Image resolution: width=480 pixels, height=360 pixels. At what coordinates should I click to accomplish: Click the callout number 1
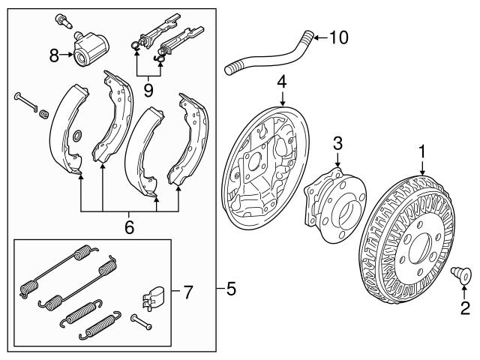pyautogui.click(x=423, y=152)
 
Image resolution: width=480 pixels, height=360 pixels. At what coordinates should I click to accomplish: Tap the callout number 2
pyautogui.click(x=465, y=307)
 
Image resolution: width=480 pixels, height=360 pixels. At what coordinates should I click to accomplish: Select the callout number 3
pyautogui.click(x=338, y=142)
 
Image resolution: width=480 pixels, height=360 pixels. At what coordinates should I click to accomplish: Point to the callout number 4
pyautogui.click(x=282, y=82)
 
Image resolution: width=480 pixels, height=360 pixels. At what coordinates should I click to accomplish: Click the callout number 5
pyautogui.click(x=231, y=288)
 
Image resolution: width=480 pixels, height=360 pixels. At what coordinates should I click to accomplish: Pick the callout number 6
pyautogui.click(x=129, y=226)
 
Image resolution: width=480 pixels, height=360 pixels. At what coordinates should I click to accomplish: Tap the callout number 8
pyautogui.click(x=54, y=54)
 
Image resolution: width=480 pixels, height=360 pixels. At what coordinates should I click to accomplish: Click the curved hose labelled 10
pyautogui.click(x=270, y=58)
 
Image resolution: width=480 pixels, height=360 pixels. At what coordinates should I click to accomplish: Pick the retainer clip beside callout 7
pyautogui.click(x=152, y=296)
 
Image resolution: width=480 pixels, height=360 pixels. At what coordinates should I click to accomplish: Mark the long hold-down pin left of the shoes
pyautogui.click(x=25, y=103)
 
